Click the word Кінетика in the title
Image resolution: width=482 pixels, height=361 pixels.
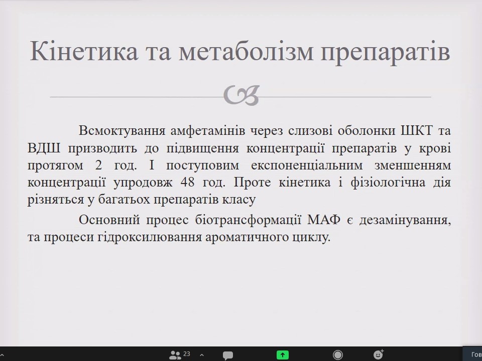[84, 51]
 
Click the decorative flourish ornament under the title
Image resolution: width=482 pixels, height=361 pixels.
[242, 95]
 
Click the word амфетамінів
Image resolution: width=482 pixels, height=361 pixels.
[208, 131]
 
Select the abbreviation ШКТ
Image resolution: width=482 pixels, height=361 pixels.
[417, 131]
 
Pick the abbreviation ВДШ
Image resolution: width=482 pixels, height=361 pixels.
[44, 148]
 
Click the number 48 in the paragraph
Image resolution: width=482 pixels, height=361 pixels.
[188, 183]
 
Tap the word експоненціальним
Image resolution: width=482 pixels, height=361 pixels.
[307, 165]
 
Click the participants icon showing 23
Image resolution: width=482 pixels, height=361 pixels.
[180, 355]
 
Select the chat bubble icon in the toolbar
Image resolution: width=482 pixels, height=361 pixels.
[228, 355]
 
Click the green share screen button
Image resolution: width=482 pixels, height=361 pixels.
[283, 355]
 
